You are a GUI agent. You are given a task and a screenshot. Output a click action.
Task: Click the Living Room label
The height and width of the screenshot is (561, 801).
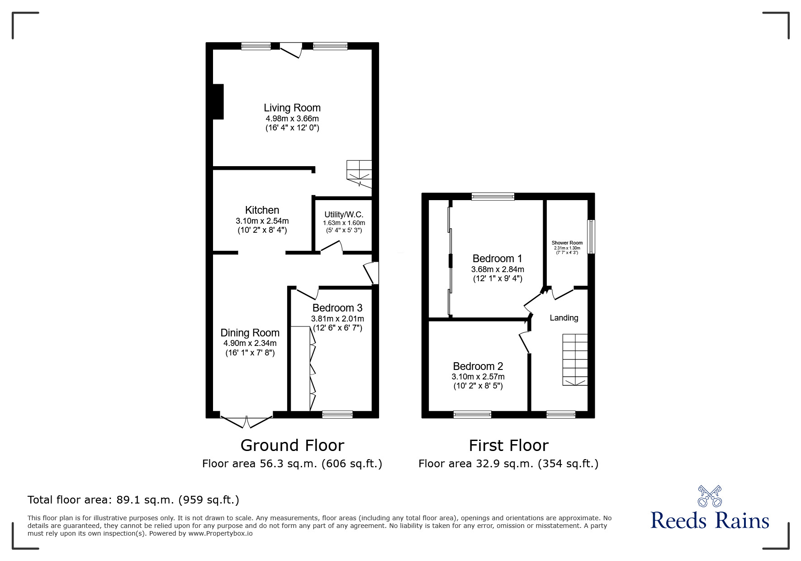[x=292, y=108]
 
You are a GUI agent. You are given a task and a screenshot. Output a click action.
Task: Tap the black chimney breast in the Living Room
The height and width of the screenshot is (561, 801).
[x=218, y=102]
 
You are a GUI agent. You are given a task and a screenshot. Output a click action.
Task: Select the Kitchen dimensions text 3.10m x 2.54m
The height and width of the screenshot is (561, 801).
[x=262, y=221]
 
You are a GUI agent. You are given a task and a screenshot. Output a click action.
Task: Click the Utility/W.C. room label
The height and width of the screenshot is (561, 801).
[x=344, y=215]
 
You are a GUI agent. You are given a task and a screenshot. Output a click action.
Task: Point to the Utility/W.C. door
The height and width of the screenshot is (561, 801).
[x=332, y=246]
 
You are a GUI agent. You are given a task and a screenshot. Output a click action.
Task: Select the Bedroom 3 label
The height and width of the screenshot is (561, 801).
[x=337, y=308]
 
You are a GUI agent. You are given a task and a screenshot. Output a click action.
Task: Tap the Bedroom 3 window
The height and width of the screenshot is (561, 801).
[x=337, y=414]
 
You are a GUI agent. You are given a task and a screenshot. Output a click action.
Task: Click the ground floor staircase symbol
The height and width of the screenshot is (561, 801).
[x=360, y=173]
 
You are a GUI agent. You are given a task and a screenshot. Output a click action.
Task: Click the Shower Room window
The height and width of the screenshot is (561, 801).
[x=591, y=237]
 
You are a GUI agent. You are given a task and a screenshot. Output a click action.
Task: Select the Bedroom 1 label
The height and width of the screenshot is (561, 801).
[x=497, y=259]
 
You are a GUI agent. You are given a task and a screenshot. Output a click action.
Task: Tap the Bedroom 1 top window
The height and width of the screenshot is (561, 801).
[x=493, y=196]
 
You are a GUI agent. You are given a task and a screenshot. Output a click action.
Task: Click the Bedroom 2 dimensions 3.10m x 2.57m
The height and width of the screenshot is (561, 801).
[x=478, y=377]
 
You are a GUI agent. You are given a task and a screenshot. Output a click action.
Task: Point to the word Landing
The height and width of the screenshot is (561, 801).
[x=564, y=318]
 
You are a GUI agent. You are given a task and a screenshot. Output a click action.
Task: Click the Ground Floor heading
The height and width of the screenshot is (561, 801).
[x=292, y=446]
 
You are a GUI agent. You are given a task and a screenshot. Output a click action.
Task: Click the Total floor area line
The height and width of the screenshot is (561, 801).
[x=133, y=500]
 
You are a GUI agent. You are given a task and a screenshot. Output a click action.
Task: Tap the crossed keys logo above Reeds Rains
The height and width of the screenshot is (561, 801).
[x=709, y=496]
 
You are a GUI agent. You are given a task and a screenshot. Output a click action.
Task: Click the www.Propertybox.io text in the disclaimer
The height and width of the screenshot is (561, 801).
[x=220, y=533]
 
